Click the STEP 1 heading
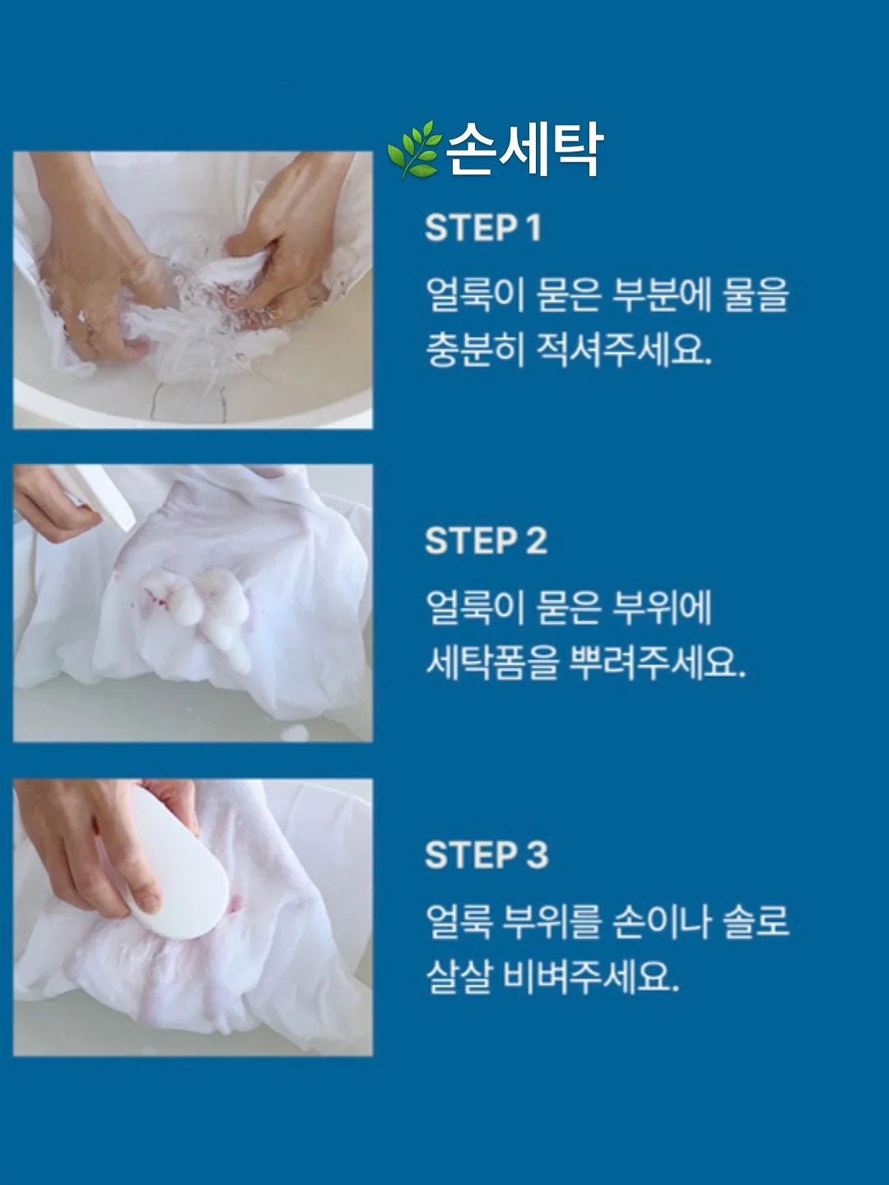pos(483,228)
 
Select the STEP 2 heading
pos(486,541)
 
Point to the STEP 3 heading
pos(486,854)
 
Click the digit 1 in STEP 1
pos(534,228)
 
